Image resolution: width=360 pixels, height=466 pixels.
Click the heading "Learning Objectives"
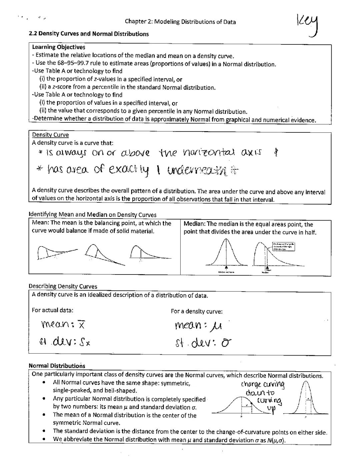pyautogui.click(x=59, y=47)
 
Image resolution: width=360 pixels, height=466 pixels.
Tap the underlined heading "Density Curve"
pyautogui.click(x=50, y=135)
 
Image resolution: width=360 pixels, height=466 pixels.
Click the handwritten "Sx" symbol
pyautogui.click(x=84, y=342)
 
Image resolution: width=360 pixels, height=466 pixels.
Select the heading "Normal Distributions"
pyautogui.click(x=57, y=366)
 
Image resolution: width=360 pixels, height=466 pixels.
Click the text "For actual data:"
pyautogui.click(x=53, y=310)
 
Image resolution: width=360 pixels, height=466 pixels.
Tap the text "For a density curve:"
pyautogui.click(x=197, y=311)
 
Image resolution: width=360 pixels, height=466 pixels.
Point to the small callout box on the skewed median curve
pyautogui.click(x=283, y=247)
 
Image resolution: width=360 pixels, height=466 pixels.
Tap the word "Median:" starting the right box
pyautogui.click(x=194, y=224)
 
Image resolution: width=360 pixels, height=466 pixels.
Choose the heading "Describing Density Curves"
pyautogui.click(x=63, y=286)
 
